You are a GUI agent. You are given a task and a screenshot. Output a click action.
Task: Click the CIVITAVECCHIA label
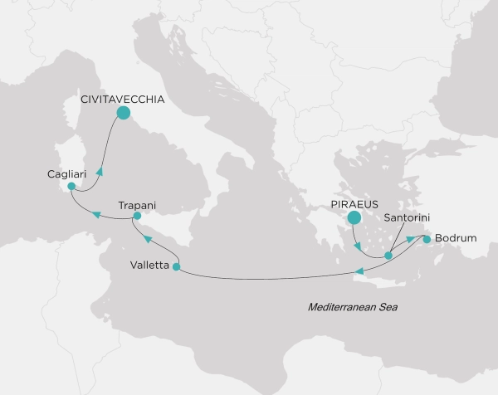121,98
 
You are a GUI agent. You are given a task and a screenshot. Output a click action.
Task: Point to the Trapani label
138,203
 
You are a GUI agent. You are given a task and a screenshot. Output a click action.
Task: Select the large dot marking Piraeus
354,218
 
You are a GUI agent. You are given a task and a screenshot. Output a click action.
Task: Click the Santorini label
407,218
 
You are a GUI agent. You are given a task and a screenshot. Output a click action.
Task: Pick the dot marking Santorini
388,256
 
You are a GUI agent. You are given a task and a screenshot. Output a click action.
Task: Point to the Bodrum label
455,239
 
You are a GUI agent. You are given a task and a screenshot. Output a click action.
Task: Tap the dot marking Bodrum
427,240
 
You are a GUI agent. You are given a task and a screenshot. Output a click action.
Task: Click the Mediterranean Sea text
353,308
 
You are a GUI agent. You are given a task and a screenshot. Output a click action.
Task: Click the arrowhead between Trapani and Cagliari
97,216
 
